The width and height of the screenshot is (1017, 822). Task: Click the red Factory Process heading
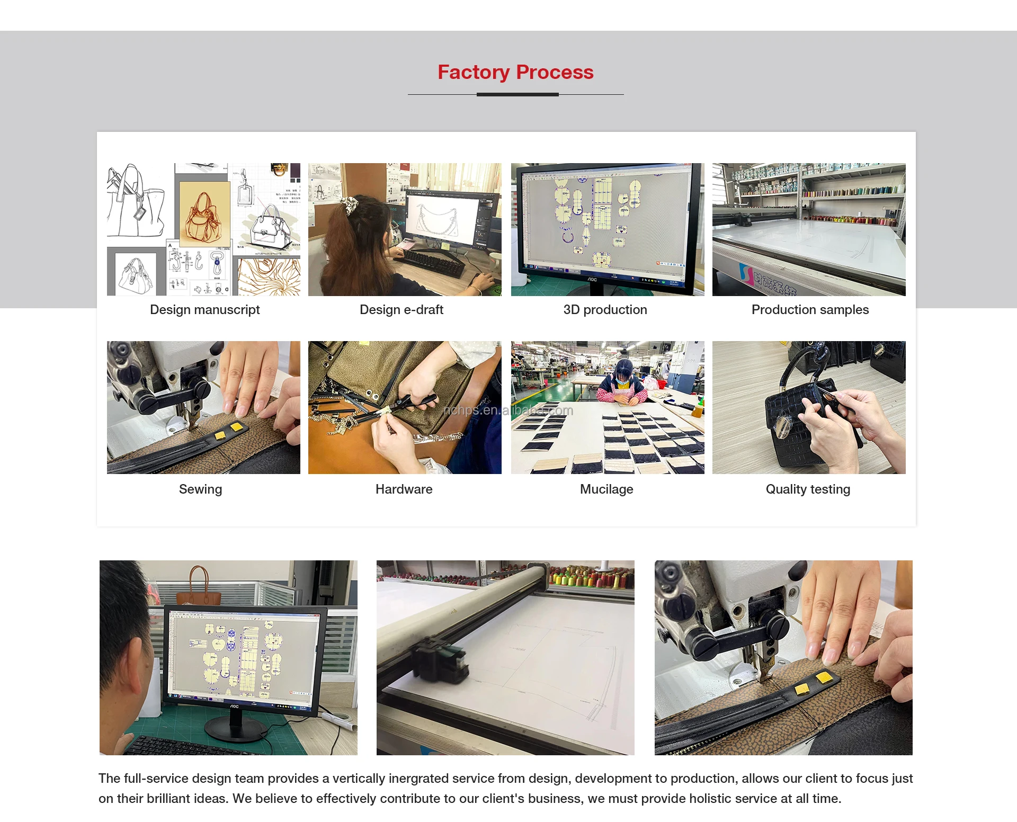(515, 72)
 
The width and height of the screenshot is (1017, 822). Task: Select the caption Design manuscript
(205, 310)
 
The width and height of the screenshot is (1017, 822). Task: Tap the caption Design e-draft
(402, 310)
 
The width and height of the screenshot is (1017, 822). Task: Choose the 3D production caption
(605, 310)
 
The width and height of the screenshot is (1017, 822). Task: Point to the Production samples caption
(810, 310)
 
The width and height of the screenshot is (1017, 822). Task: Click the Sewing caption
(200, 489)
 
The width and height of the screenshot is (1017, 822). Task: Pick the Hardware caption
(404, 489)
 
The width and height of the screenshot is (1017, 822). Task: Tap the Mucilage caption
(606, 489)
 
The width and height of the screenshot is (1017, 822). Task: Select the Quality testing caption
(808, 489)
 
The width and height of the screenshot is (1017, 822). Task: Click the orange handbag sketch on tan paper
(203, 217)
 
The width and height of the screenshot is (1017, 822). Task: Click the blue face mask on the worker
(623, 379)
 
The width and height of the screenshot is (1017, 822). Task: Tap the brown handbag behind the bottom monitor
(199, 588)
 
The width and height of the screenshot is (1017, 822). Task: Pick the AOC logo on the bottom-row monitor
(234, 706)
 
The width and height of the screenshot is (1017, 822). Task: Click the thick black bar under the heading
(518, 95)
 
